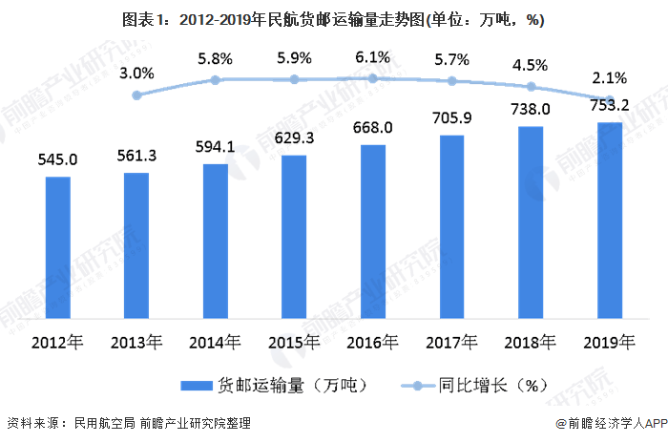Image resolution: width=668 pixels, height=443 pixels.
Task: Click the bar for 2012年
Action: (x=58, y=249)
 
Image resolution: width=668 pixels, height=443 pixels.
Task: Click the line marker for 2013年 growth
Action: (x=136, y=95)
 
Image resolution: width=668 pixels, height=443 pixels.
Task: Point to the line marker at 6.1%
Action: (x=373, y=78)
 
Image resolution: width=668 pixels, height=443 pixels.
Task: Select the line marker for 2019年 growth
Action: (x=609, y=99)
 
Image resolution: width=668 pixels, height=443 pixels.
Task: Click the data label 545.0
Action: (x=58, y=159)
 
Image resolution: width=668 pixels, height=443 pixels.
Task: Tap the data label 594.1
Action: (x=216, y=146)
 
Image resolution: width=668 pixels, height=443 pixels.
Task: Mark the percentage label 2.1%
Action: (x=609, y=78)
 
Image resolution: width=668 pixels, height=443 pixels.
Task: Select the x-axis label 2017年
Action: (x=451, y=342)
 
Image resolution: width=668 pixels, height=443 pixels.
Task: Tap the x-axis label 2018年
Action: (x=531, y=342)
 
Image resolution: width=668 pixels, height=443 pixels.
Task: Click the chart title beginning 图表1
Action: (x=334, y=19)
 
